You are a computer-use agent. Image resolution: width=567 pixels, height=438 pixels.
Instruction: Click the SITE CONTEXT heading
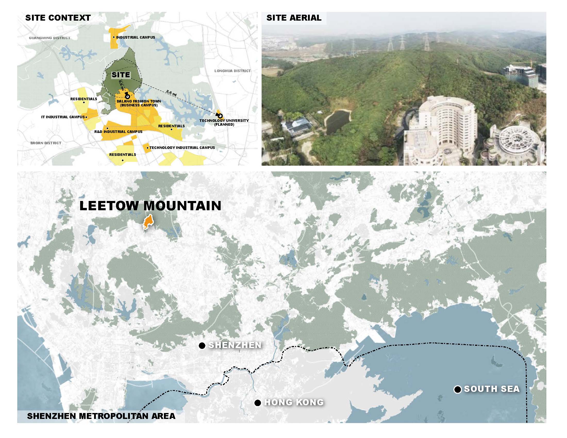pyautogui.click(x=58, y=18)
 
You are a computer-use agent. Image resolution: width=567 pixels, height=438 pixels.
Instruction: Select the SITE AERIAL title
pyautogui.click(x=294, y=18)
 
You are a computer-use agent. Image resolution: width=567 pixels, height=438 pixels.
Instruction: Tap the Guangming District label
pyautogui.click(x=49, y=38)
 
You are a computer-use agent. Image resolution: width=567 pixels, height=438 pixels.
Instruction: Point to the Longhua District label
pyautogui.click(x=232, y=71)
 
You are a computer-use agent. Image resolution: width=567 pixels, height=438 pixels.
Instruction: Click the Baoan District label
pyautogui.click(x=46, y=143)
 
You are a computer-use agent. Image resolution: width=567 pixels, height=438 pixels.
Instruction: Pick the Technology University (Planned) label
pyautogui.click(x=224, y=122)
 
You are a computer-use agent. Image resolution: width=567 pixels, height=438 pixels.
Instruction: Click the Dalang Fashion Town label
pyautogui.click(x=139, y=103)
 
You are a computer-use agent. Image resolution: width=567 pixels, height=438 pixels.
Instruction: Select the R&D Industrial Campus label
pyautogui.click(x=118, y=132)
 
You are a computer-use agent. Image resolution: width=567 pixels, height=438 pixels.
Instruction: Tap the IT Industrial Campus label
pyautogui.click(x=63, y=117)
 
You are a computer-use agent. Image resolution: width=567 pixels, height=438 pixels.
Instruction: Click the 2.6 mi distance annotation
pyautogui.click(x=171, y=93)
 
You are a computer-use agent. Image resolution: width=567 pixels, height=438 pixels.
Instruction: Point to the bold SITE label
pyautogui.click(x=121, y=75)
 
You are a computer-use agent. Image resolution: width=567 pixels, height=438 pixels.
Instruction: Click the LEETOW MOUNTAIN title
pyautogui.click(x=150, y=206)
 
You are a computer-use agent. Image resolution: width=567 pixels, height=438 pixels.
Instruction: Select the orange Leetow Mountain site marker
pyautogui.click(x=148, y=222)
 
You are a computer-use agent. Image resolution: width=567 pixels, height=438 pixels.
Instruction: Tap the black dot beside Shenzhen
pyautogui.click(x=202, y=346)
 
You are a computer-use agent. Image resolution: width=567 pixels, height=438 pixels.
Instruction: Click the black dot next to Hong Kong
pyautogui.click(x=257, y=403)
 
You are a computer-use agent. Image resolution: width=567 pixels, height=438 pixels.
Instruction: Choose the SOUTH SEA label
pyautogui.click(x=492, y=389)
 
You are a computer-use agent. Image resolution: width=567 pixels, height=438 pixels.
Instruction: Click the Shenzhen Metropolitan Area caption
pyautogui.click(x=101, y=416)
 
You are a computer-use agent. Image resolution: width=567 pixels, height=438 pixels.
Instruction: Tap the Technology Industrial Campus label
pyautogui.click(x=182, y=148)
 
